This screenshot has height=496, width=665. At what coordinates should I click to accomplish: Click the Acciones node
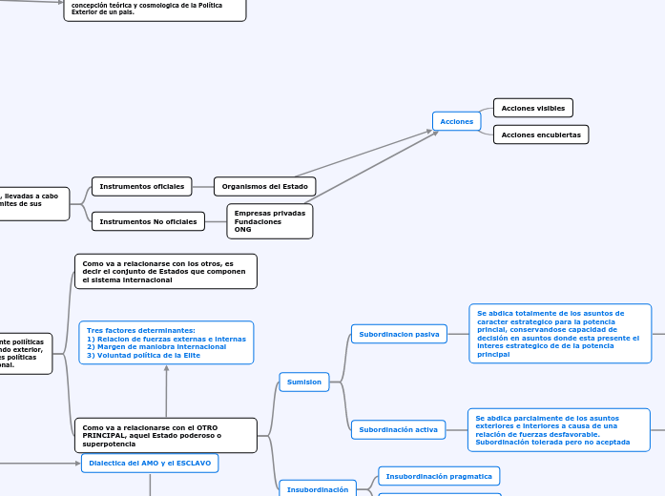pyautogui.click(x=457, y=121)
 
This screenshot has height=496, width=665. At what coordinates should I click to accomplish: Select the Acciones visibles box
pyautogui.click(x=532, y=108)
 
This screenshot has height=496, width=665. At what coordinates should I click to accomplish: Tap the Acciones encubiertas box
pyautogui.click(x=540, y=134)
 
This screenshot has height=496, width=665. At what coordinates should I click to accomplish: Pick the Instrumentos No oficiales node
pyautogui.click(x=148, y=221)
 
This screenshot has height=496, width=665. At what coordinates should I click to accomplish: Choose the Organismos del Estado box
pyautogui.click(x=264, y=186)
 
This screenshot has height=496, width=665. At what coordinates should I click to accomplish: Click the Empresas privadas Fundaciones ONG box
pyautogui.click(x=269, y=221)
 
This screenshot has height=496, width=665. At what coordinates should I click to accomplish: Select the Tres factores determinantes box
pyautogui.click(x=166, y=342)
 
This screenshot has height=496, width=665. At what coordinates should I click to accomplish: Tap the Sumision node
pyautogui.click(x=303, y=382)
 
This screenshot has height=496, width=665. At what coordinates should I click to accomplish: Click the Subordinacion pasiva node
pyautogui.click(x=399, y=334)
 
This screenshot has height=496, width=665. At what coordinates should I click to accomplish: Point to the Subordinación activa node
pyautogui.click(x=398, y=429)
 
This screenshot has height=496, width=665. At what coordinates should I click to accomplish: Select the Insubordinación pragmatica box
pyautogui.click(x=439, y=475)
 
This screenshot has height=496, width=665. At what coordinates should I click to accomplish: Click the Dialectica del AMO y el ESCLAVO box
pyautogui.click(x=150, y=463)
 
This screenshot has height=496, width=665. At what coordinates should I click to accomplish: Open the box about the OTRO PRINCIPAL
pyautogui.click(x=165, y=435)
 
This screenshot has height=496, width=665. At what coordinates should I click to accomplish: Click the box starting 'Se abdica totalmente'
pyautogui.click(x=560, y=333)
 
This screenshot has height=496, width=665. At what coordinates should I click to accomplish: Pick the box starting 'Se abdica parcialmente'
pyautogui.click(x=558, y=429)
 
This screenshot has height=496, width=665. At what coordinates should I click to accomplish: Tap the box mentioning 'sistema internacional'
pyautogui.click(x=165, y=271)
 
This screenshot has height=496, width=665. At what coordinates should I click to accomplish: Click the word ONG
pyautogui.click(x=242, y=230)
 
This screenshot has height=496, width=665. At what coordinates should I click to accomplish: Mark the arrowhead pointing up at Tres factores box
pyautogui.click(x=166, y=369)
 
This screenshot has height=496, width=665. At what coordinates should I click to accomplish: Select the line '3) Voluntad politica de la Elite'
pyautogui.click(x=143, y=355)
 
